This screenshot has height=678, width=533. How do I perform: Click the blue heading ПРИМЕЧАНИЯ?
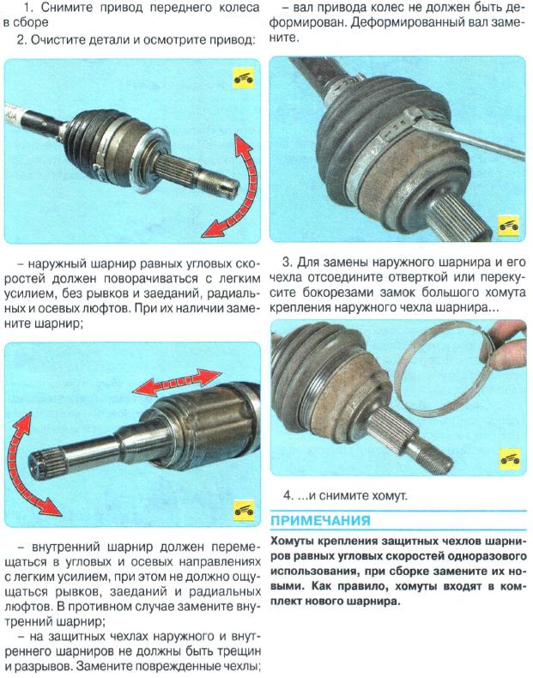(320, 520)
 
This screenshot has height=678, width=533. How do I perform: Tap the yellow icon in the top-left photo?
(244, 78)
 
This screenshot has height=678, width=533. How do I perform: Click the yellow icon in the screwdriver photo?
(508, 225)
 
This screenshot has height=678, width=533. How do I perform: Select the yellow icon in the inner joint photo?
(245, 511)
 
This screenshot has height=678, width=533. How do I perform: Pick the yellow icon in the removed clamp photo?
(510, 459)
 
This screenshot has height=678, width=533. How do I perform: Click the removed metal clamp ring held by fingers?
(445, 372)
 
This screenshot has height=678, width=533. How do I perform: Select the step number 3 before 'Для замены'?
(287, 262)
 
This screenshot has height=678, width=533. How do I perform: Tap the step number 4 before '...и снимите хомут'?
(288, 495)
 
